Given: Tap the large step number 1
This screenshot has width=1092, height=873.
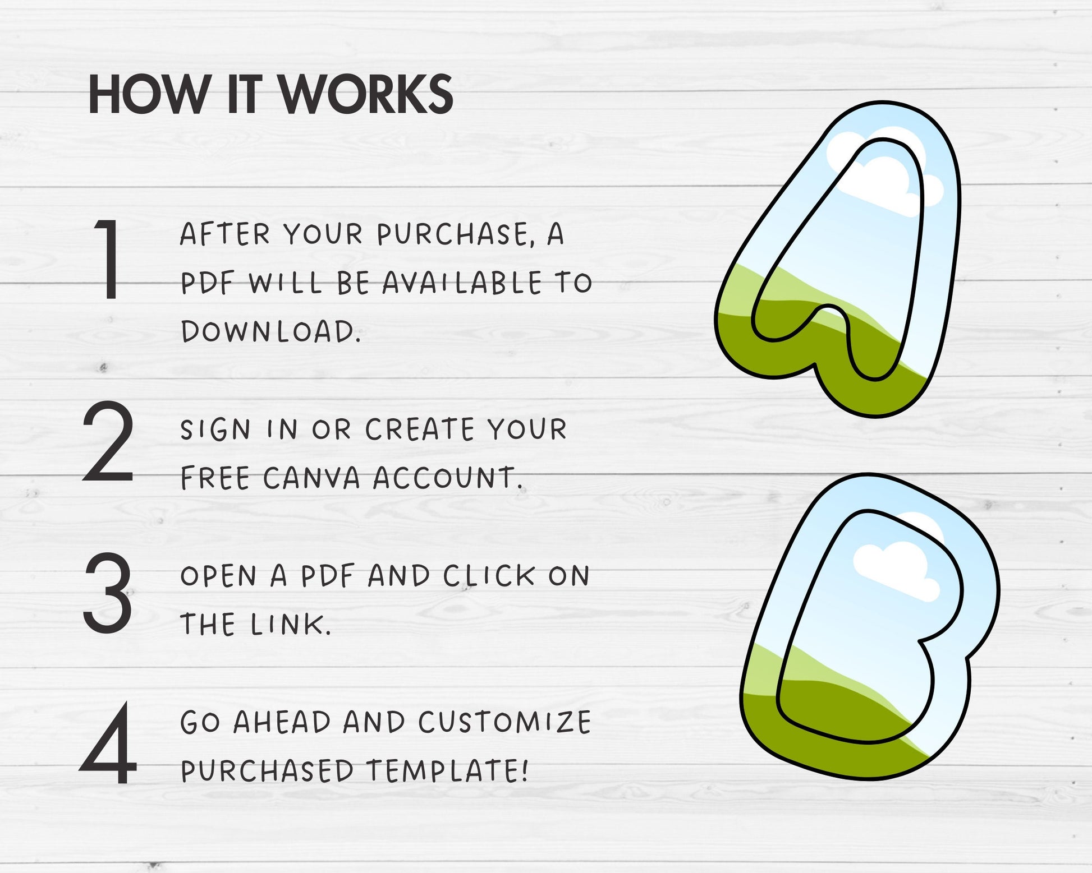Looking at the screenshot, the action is click(108, 259).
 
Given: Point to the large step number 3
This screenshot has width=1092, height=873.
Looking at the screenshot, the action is click(108, 592).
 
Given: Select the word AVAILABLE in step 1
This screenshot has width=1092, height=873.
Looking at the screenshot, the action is click(462, 283).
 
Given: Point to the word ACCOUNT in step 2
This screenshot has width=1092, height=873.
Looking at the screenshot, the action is click(447, 478).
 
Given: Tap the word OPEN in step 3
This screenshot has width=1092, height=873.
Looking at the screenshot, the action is click(218, 576).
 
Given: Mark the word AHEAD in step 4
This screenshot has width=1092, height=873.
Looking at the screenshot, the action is click(282, 722).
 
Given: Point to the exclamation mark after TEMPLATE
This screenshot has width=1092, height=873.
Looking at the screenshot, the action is click(525, 770).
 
